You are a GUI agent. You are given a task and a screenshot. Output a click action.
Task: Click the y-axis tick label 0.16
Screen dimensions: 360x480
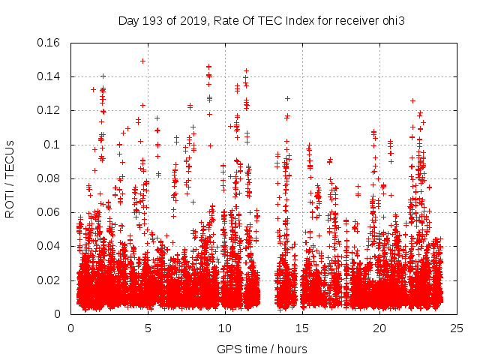[x=49, y=43]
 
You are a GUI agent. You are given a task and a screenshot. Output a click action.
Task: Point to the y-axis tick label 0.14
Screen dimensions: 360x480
[x=49, y=76]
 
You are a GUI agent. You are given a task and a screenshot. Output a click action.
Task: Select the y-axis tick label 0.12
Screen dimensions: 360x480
[x=49, y=110]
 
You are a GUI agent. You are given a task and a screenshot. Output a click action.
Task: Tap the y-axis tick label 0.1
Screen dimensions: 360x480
[x=52, y=145]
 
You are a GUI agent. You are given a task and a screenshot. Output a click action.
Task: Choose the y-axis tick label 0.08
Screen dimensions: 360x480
[x=49, y=178]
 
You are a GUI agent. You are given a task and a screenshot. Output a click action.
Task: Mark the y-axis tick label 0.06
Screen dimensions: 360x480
[x=49, y=212]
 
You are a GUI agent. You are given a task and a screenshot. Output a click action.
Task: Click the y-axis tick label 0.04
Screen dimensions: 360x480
[x=49, y=246]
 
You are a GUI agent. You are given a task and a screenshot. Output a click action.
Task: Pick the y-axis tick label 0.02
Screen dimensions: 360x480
[x=49, y=280]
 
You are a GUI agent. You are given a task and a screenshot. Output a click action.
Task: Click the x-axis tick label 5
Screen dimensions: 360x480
[x=148, y=328]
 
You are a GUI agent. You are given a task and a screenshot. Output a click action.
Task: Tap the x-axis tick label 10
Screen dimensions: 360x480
[x=225, y=328]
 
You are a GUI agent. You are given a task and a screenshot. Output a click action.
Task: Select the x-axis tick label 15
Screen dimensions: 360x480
[x=302, y=328]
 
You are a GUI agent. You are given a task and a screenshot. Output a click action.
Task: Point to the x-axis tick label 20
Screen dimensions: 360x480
[x=380, y=328]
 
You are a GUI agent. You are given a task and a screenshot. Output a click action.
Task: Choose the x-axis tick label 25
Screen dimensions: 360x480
[x=457, y=328]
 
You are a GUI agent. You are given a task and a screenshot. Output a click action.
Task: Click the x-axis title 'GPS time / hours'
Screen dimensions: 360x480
[x=262, y=349]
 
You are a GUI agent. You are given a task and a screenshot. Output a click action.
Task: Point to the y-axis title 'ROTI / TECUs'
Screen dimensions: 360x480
[x=10, y=178]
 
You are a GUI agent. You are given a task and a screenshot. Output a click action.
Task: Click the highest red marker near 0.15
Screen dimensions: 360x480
[x=142, y=61]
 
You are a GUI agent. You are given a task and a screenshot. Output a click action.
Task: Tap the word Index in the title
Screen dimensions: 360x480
[x=298, y=20]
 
